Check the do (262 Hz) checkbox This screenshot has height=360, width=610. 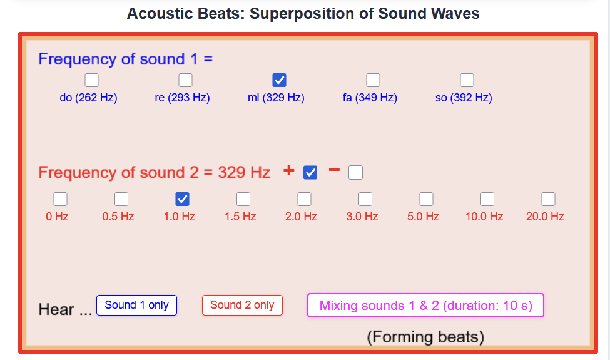point(91,80)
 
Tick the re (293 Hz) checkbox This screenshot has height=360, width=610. point(185,80)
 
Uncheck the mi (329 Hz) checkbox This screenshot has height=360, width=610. point(279,80)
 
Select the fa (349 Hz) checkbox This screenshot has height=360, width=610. point(373,80)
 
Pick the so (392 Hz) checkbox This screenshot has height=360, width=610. point(467,80)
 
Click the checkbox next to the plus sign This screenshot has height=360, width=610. point(310,172)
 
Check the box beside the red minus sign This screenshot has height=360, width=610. point(355,172)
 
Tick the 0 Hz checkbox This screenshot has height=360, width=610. point(60,199)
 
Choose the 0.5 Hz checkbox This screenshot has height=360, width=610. point(121,199)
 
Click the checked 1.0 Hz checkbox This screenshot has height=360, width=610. point(183,199)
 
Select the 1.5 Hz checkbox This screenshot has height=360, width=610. point(243,199)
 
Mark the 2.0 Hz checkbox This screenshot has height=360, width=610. point(304,199)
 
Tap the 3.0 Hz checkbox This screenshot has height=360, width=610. point(365,199)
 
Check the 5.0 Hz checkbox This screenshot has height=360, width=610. point(427,199)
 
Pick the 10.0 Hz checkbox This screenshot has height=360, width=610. point(487,199)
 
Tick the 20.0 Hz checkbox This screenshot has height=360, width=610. point(549,199)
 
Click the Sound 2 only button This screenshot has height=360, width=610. point(242,305)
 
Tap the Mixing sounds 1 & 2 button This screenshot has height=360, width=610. point(425,305)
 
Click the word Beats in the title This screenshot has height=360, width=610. point(220,13)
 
